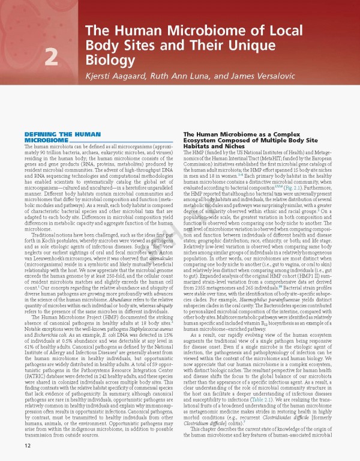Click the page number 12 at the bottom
(28, 446)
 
